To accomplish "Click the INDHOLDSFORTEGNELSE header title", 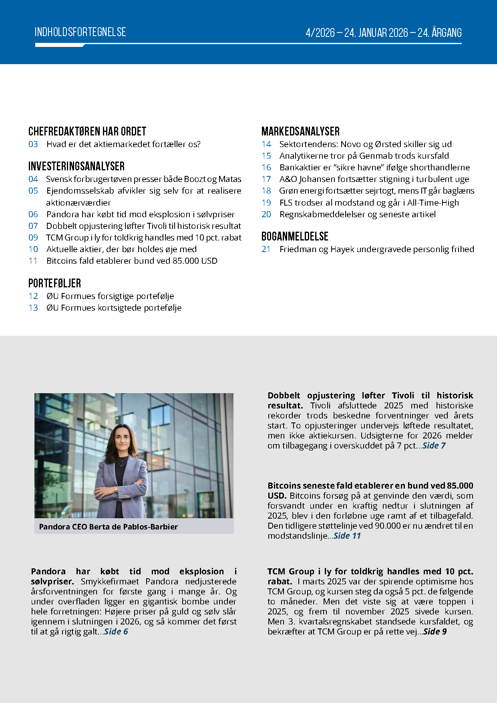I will (80, 32).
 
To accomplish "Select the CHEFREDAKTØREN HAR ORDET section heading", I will (87, 131).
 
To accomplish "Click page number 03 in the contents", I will (33, 144).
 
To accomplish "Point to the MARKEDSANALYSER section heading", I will (300, 131).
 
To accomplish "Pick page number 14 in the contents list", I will (266, 144).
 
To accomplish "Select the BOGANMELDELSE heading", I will (295, 236).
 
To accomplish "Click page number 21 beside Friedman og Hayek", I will (266, 249).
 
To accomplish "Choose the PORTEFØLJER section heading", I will (54, 283).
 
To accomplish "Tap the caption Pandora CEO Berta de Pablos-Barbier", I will (108, 527).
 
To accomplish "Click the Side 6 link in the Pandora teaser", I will (116, 632).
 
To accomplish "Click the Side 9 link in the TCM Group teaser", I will (435, 632).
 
